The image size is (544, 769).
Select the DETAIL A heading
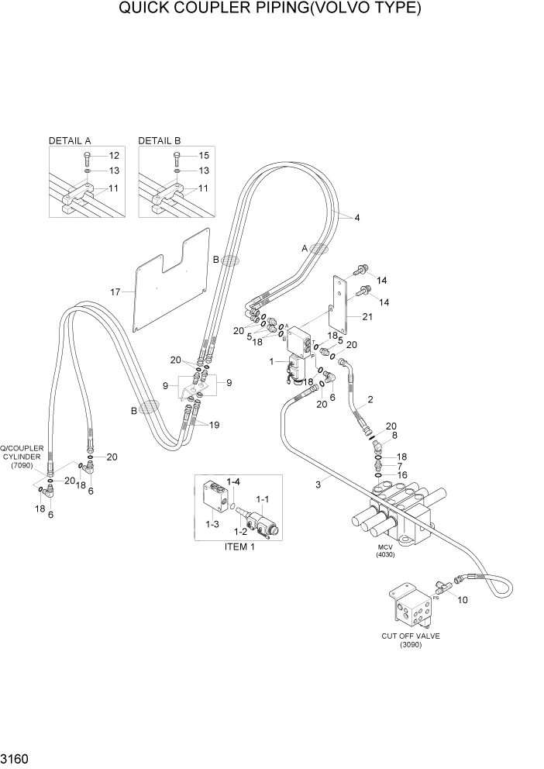point(70,141)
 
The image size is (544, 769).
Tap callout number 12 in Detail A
point(114,156)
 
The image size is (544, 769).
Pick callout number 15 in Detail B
point(204,156)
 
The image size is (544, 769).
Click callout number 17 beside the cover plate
point(115,292)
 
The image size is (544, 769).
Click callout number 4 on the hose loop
point(356,218)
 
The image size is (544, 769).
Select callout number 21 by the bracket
point(367,316)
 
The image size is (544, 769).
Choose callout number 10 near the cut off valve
point(463,600)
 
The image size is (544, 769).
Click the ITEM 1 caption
point(239,547)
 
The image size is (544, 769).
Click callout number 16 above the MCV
point(401,474)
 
